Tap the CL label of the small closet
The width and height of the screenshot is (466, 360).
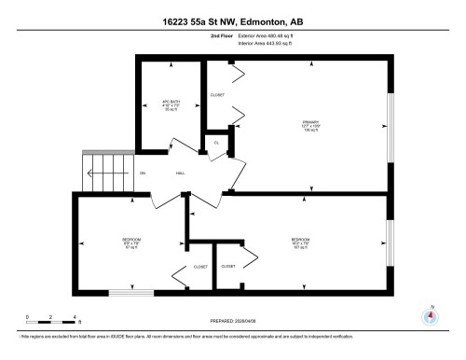point(216,144)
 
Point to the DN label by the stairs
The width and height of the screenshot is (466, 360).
point(142,174)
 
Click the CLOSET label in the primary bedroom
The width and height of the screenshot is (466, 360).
point(218,94)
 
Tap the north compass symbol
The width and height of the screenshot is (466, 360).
point(431,314)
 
